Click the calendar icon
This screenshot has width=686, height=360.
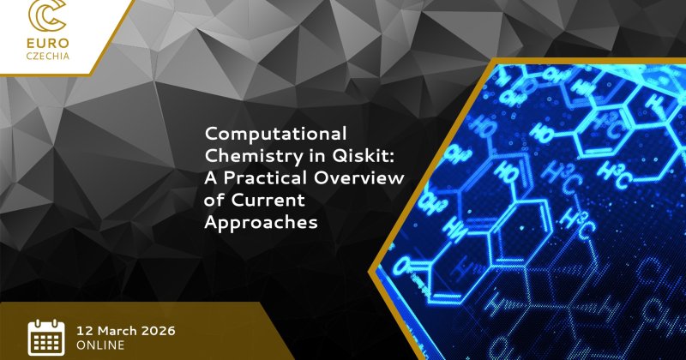(x=46, y=337)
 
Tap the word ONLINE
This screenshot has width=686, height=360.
(x=100, y=345)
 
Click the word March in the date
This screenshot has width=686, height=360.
(x=116, y=330)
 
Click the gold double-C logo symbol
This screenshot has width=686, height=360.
(x=47, y=15)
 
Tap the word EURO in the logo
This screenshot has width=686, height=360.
(x=48, y=44)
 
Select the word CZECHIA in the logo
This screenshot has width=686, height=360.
(x=48, y=57)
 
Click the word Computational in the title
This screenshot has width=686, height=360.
(x=275, y=135)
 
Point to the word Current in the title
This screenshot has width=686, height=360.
(x=268, y=201)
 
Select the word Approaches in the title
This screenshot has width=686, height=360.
(x=261, y=223)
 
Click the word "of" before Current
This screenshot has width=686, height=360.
(x=214, y=200)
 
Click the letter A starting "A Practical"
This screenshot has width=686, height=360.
(x=211, y=178)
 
